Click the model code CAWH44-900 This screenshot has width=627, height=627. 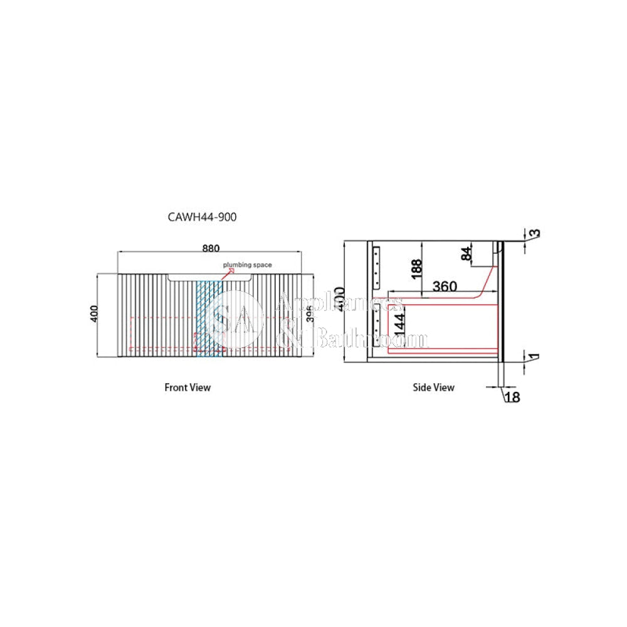(x=202, y=217)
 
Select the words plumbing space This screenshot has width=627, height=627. (x=248, y=265)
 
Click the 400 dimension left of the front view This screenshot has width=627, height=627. (x=93, y=314)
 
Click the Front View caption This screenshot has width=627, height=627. (x=187, y=387)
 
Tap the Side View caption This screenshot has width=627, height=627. (x=433, y=387)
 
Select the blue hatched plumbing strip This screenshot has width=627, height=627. (x=209, y=318)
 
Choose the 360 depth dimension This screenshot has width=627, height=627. (x=445, y=287)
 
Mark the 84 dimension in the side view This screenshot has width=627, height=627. (x=466, y=254)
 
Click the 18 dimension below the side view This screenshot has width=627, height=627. (x=512, y=397)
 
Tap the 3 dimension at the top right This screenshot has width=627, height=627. (x=534, y=234)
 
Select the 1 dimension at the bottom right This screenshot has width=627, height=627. (x=534, y=356)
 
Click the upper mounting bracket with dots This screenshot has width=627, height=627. (x=377, y=264)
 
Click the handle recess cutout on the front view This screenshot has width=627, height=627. (x=210, y=277)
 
